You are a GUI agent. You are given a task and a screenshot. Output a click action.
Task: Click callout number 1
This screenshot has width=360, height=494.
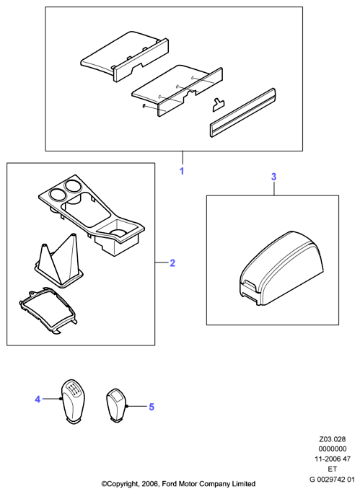click(x=182, y=171)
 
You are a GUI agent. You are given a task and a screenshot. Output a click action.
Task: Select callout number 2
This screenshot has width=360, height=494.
click(x=172, y=263)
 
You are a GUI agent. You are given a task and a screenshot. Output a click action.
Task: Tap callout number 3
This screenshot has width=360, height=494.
click(x=273, y=177)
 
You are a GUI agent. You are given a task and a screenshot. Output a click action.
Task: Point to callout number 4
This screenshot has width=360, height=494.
click(x=38, y=400)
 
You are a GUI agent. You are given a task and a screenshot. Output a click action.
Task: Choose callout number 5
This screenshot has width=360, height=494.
click(x=152, y=407)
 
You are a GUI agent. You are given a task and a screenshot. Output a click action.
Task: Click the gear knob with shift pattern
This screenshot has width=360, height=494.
click(x=72, y=402)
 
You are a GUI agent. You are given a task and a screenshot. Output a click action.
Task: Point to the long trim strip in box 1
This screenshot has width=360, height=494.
click(x=242, y=113)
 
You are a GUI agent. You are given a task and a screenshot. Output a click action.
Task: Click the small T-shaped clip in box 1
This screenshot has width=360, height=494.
click(x=219, y=105)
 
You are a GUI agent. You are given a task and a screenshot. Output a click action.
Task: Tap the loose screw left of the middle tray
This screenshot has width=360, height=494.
click(x=144, y=107)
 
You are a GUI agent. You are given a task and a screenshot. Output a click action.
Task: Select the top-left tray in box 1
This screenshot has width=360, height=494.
click(x=124, y=56)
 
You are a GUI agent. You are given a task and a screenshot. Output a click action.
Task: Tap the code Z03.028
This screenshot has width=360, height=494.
click(x=333, y=439)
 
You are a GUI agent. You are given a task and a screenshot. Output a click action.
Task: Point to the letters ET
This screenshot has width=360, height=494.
click(x=333, y=469)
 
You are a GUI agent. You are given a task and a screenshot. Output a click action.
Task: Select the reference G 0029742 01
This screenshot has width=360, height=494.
click(x=332, y=479)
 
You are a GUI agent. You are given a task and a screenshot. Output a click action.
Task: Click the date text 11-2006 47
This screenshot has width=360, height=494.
click(x=333, y=459)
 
